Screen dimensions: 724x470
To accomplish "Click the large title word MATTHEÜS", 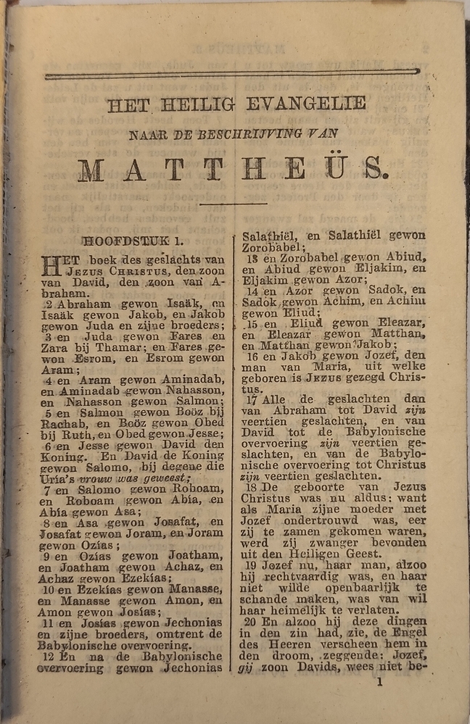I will pyautogui.click(x=233, y=170).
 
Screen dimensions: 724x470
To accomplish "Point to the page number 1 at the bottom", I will pyautogui.click(x=379, y=681).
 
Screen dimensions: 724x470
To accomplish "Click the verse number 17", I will pyautogui.click(x=252, y=399).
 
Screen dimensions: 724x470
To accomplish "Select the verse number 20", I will pyautogui.click(x=251, y=620).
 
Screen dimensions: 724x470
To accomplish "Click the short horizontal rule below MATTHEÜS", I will pyautogui.click(x=233, y=204).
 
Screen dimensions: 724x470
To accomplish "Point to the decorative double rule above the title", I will pyautogui.click(x=232, y=74).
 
